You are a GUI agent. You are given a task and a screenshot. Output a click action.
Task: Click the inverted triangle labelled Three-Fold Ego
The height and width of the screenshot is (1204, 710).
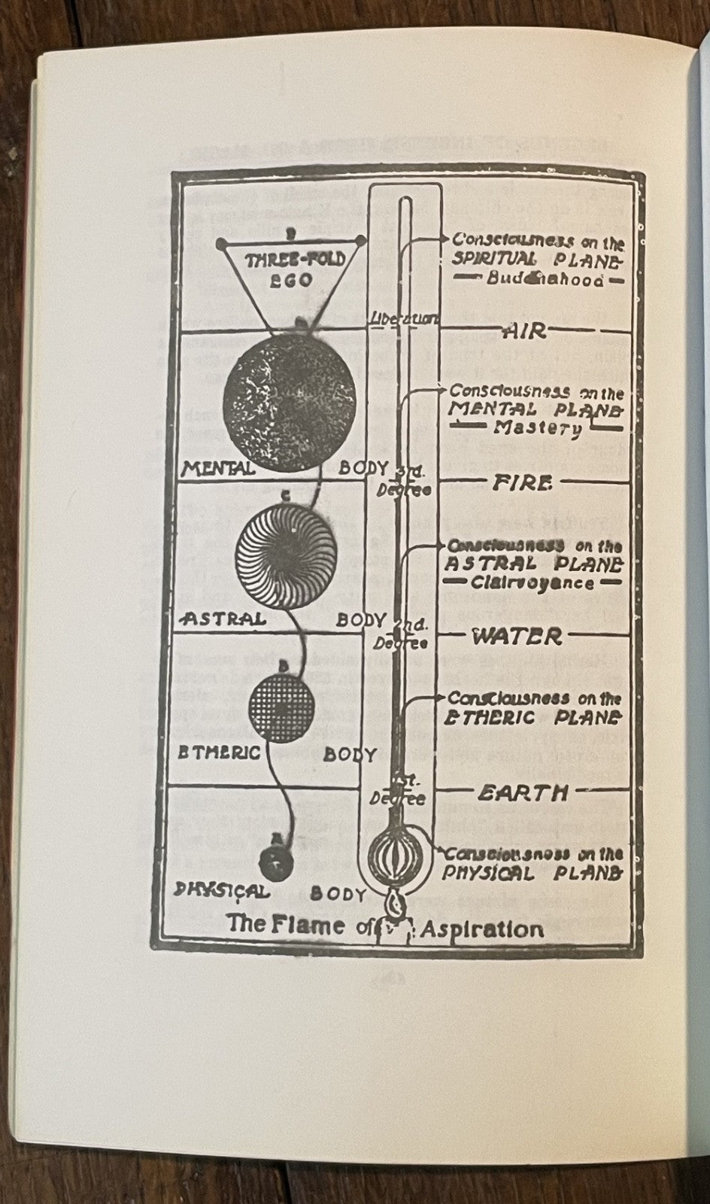(291, 271)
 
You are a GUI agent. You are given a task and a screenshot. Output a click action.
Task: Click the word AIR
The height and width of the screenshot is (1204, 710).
(524, 331)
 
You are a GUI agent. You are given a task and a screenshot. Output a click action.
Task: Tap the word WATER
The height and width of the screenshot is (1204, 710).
(517, 636)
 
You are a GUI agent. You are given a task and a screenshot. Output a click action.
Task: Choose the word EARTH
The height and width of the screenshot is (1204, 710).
(522, 792)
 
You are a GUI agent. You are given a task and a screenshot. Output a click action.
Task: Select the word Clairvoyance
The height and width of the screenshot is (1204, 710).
(533, 582)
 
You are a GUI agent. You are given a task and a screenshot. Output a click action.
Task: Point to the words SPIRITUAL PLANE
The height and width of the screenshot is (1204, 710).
(535, 260)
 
